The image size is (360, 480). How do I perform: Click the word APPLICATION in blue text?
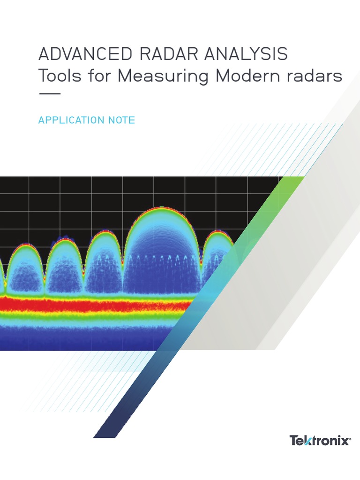click(x=71, y=120)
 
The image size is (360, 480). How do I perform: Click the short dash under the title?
click(x=49, y=94)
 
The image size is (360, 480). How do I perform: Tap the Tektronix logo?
click(x=320, y=441)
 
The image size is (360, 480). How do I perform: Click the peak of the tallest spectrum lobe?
click(x=162, y=207)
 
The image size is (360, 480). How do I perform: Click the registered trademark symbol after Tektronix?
click(x=351, y=438)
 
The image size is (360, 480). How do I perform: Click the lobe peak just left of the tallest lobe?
click(x=104, y=231)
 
